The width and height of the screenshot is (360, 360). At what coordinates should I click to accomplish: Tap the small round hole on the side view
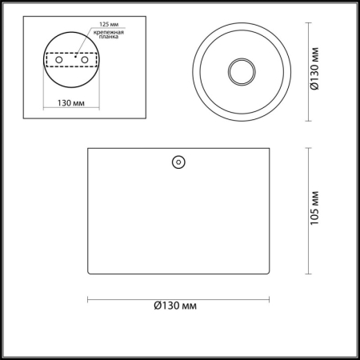[178, 162]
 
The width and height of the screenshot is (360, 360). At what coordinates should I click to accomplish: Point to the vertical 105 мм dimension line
[310, 209]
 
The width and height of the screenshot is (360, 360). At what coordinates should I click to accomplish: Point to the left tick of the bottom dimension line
[86, 299]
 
